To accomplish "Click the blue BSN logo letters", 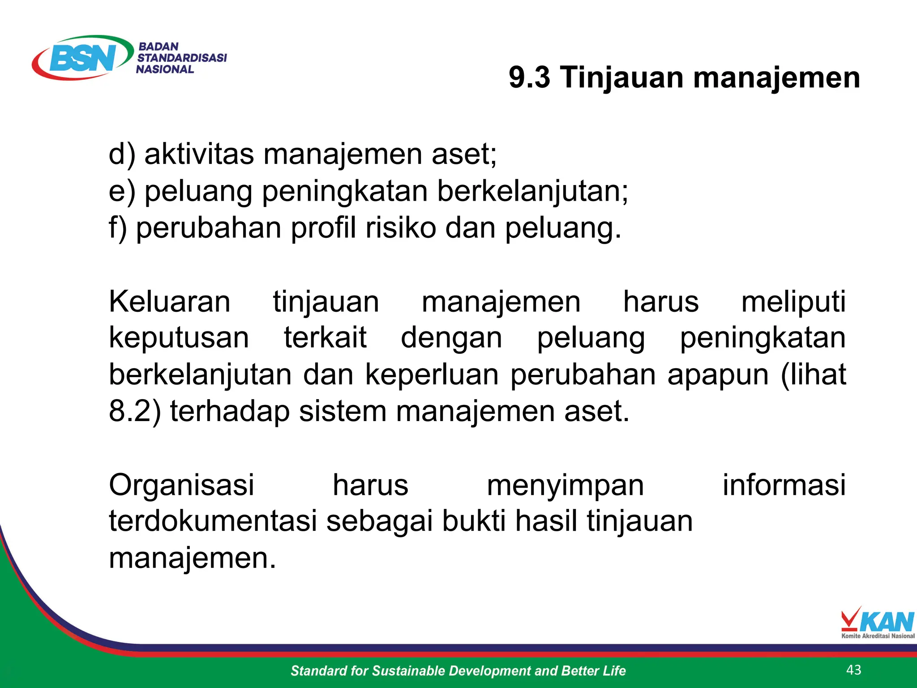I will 83,58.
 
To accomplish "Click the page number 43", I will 854,670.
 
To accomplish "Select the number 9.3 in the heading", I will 529,77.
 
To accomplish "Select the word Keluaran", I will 170,301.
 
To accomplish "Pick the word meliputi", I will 793,301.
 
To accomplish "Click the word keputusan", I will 179,338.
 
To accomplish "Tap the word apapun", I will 718,374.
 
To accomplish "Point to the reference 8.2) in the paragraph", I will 135,411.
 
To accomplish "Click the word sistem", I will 343,411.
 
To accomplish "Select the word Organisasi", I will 181,485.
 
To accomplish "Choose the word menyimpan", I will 565,486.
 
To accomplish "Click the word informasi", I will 784,485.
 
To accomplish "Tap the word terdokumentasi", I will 213,521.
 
